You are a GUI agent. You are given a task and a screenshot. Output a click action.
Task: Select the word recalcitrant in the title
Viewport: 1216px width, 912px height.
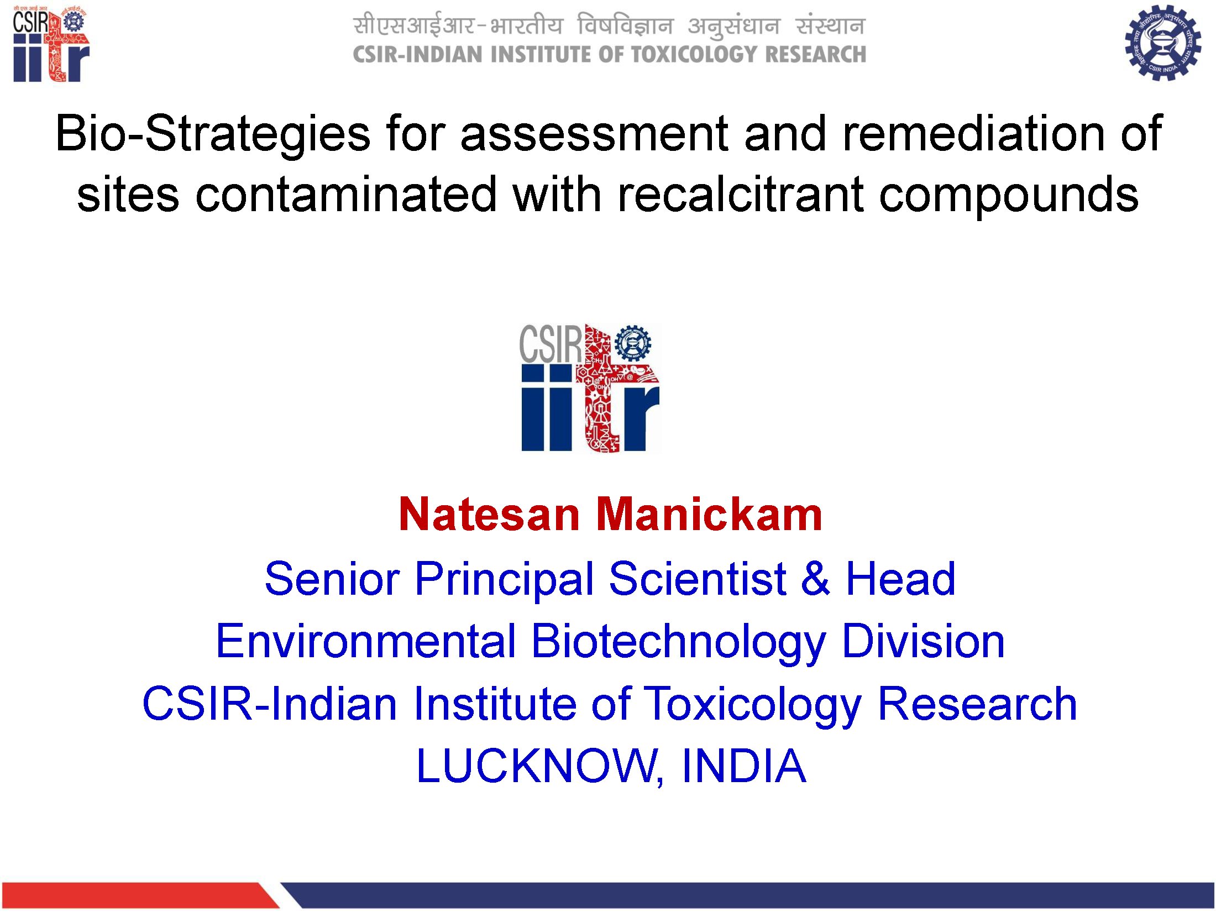[x=740, y=195]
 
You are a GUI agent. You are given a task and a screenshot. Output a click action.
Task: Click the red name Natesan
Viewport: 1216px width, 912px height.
[x=489, y=514]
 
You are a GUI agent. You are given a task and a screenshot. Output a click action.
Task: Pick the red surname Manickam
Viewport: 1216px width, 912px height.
[x=709, y=514]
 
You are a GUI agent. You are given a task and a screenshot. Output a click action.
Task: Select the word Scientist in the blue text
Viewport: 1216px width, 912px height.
[x=698, y=579]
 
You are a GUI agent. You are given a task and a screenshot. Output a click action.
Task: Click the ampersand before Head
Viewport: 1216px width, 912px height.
[x=816, y=579]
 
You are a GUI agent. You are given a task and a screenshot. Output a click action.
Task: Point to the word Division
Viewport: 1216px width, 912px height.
[x=923, y=641]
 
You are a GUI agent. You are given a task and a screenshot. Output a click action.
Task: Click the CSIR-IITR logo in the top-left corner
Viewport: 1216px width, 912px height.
[x=51, y=44]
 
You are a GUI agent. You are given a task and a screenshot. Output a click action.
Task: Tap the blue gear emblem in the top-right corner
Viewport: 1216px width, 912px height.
[x=1163, y=43]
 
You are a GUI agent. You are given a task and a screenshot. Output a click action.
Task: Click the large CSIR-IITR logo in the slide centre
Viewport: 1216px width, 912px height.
[x=590, y=388]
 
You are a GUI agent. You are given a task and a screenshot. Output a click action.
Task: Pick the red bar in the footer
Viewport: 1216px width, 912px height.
[x=141, y=895]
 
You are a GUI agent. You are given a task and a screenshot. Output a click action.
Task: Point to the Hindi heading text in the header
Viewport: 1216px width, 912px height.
[x=609, y=26]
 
